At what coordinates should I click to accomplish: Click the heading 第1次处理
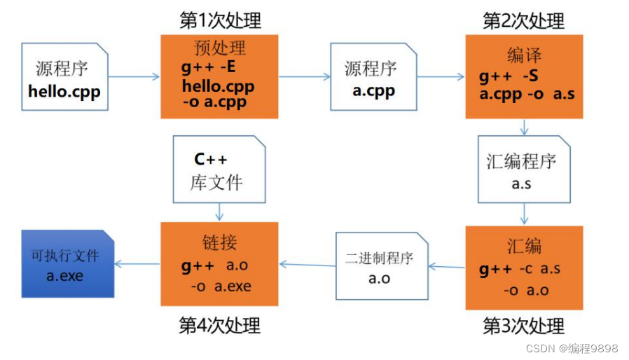219,20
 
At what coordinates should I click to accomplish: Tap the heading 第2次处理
523,20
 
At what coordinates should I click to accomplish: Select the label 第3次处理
523,326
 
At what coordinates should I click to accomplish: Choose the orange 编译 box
524,77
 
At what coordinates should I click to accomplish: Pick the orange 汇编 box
524,268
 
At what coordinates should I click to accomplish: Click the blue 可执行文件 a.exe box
67,263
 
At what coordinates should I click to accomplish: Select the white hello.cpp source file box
64,77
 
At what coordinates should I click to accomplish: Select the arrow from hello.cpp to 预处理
134,76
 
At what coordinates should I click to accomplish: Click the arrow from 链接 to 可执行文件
137,263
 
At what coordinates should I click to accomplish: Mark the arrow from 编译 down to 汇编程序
523,127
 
